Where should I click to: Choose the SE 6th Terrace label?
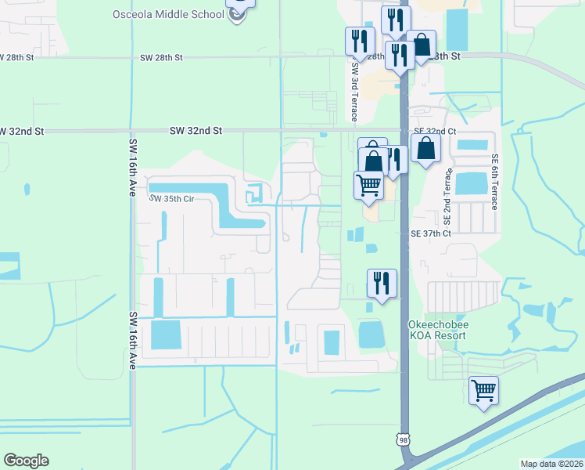pos(494,181)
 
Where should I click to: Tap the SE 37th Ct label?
pos(432,233)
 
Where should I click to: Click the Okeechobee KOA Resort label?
pos(437,330)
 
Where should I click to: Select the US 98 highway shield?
pos(403,441)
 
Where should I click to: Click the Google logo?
pos(26,461)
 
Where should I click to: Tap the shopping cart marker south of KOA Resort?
pos(483,389)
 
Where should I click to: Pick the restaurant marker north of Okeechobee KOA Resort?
pos(382,283)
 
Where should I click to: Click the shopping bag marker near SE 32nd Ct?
pos(425,148)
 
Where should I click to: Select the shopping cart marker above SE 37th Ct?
pos(368,186)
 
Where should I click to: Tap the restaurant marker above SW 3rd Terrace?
pos(360,40)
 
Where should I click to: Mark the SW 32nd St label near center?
pos(196,132)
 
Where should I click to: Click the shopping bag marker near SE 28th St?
pos(422,45)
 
